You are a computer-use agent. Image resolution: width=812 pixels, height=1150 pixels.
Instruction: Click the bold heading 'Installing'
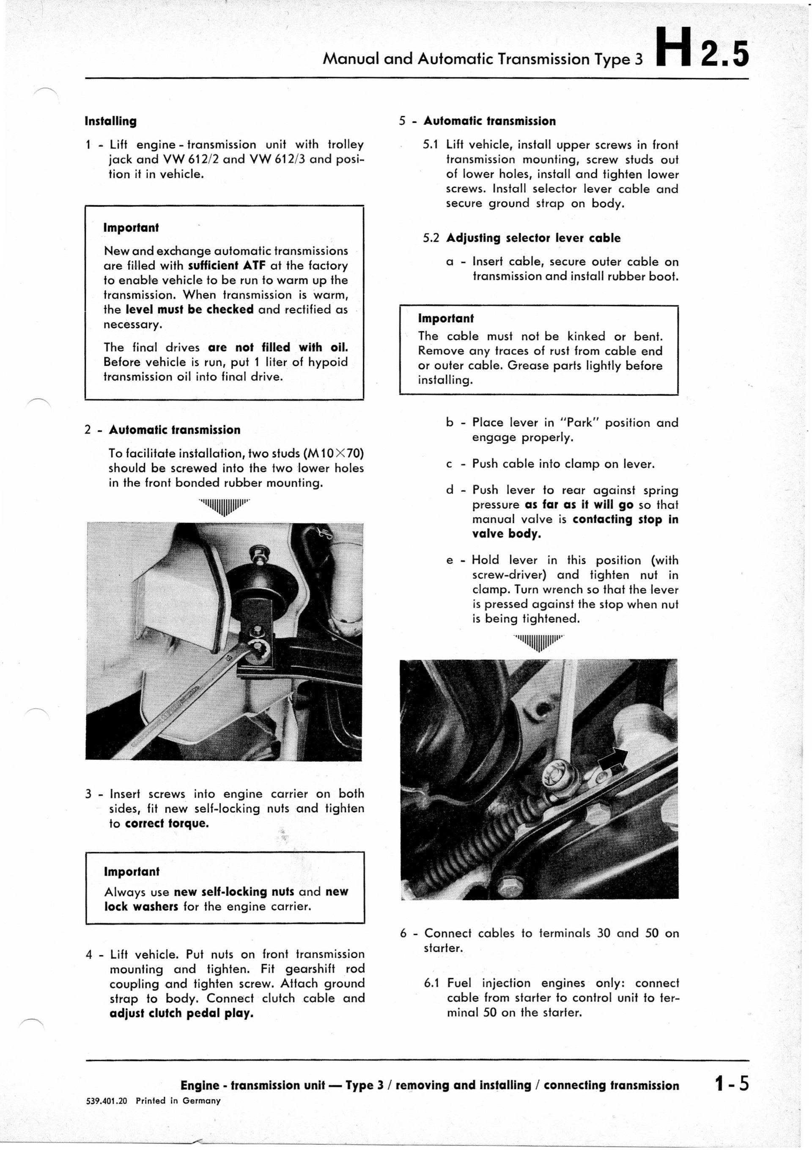(x=111, y=121)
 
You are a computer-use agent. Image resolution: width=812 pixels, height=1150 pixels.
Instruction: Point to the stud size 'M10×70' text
(x=333, y=454)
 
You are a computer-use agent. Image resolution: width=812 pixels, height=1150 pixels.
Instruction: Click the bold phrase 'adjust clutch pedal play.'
(x=181, y=1013)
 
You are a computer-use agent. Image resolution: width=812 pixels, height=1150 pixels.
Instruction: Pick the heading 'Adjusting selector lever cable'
(x=533, y=238)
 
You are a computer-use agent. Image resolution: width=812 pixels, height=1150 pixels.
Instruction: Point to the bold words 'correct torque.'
(x=167, y=823)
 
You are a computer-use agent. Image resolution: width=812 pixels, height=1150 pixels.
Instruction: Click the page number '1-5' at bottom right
(x=732, y=1084)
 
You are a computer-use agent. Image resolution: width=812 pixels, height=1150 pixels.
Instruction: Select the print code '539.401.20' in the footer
(x=107, y=1101)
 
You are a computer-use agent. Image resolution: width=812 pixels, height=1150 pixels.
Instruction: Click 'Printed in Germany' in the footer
(x=178, y=1101)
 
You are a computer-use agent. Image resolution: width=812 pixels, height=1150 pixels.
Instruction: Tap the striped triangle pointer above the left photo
(x=225, y=506)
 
